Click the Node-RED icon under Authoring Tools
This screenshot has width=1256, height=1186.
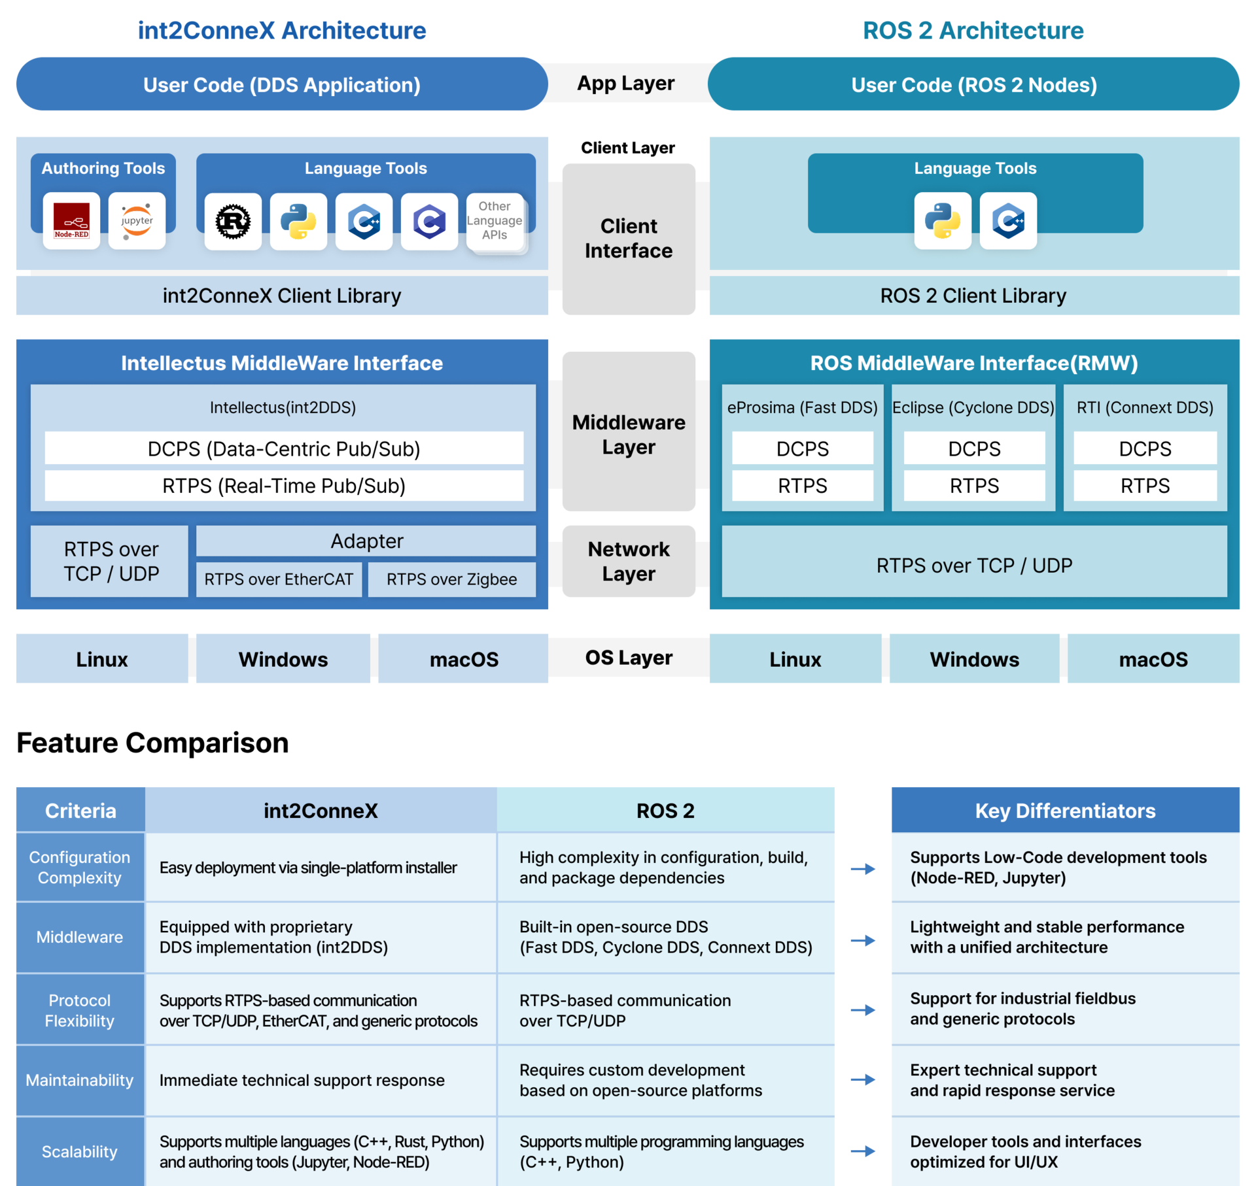71,221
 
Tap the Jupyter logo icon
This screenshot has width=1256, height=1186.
137,221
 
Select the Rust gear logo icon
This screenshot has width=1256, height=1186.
233,221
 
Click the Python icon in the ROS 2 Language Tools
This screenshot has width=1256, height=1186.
943,221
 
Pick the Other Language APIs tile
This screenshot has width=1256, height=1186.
495,221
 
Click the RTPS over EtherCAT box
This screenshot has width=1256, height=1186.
279,579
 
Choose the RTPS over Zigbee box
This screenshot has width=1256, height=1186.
451,579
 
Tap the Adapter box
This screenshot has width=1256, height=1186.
366,541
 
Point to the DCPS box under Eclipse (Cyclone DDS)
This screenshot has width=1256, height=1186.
974,449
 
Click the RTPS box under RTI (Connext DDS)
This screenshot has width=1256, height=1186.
1145,486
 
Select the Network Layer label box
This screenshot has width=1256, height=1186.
629,561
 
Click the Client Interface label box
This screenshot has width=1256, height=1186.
629,239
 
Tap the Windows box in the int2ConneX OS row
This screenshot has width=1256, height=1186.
283,659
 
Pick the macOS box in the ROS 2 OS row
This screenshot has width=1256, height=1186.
1153,659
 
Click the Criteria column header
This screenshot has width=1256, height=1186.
80,811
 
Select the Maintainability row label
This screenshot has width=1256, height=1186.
80,1080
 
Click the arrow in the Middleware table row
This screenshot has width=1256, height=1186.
863,940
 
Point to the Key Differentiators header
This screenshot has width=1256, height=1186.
1065,811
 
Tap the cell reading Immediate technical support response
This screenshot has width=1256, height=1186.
302,1080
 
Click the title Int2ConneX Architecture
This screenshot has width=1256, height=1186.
282,31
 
